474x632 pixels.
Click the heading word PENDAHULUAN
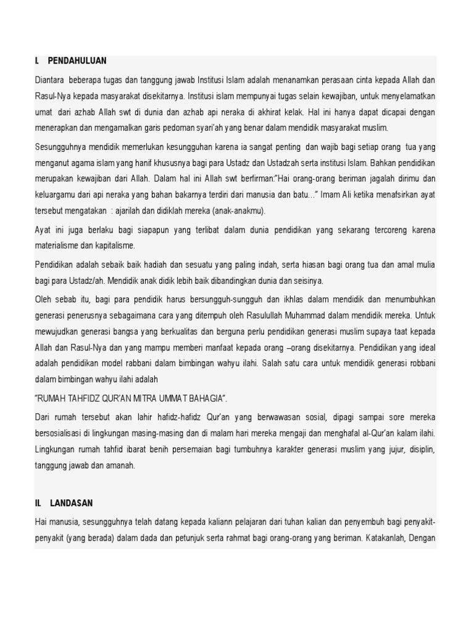click(77, 60)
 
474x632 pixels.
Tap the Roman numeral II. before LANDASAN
click(39, 504)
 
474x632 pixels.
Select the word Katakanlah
click(389, 538)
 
